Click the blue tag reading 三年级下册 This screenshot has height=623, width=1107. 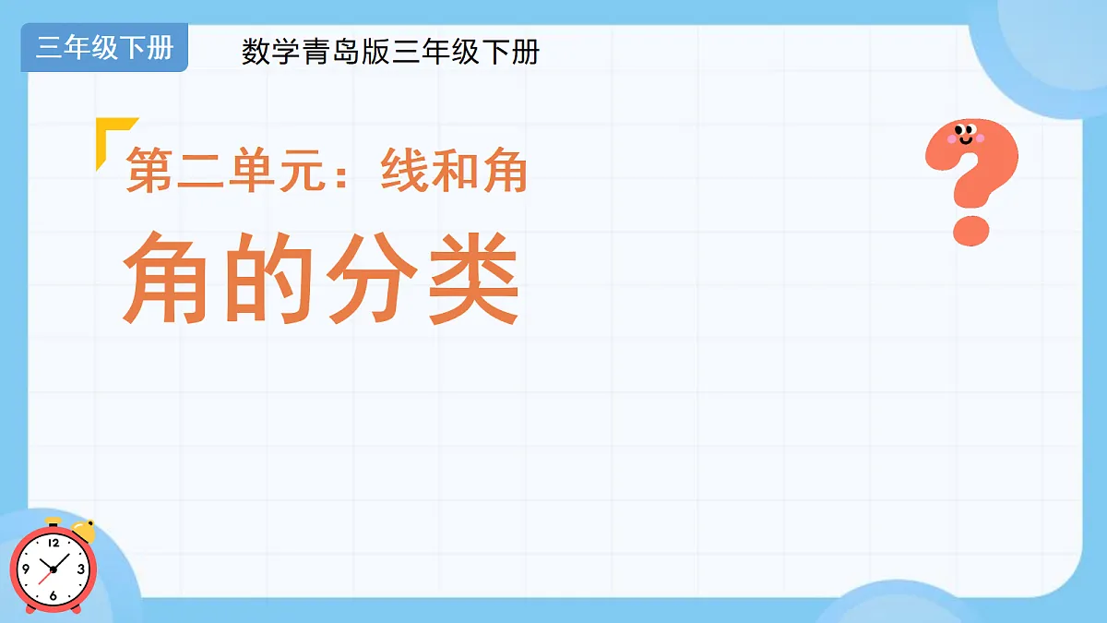coord(104,48)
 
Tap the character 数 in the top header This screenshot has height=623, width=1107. coord(256,52)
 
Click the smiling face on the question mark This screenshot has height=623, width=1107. coord(965,136)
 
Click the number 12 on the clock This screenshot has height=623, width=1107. coord(53,542)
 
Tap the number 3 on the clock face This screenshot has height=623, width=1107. coord(81,569)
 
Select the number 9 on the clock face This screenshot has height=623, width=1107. coord(25,569)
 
